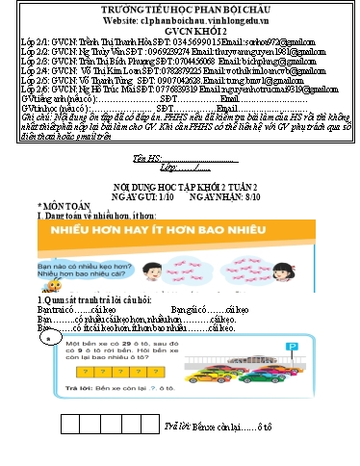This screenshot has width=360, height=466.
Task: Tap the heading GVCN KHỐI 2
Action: (x=180, y=31)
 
